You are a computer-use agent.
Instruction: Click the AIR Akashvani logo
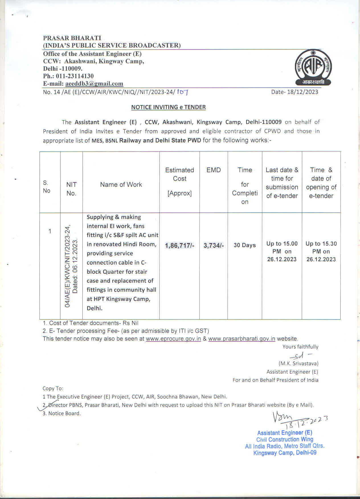[x=313, y=68]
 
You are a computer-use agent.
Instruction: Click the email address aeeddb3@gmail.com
[x=94, y=84]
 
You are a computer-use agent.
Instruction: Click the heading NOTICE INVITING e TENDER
[x=168, y=107]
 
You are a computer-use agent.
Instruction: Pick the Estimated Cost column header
[x=179, y=181]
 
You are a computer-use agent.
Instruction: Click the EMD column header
[x=214, y=170]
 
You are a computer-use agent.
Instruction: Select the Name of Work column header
[x=121, y=185]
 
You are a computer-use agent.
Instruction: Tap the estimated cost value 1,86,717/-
[x=179, y=246]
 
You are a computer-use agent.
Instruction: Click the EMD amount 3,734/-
[x=214, y=246]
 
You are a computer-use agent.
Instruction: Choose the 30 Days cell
[x=245, y=245]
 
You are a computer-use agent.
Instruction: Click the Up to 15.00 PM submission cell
[x=282, y=251]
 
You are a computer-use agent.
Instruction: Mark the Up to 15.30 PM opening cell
[x=321, y=251]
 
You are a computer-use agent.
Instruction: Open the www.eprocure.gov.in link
[x=173, y=339]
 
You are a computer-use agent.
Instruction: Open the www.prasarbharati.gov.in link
[x=242, y=339]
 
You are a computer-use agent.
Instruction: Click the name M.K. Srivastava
[x=298, y=364]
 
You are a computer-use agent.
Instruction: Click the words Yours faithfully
[x=300, y=347]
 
